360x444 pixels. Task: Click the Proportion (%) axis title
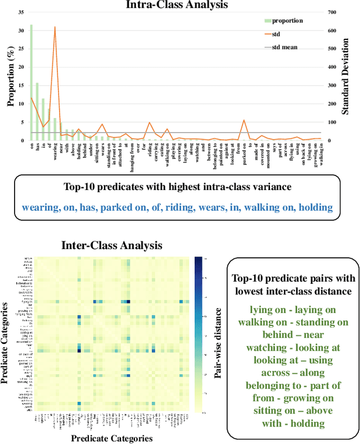point(10,76)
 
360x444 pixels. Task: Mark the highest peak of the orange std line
point(55,27)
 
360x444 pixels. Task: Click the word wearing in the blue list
point(40,207)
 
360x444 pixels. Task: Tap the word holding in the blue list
point(316,207)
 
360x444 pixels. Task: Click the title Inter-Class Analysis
point(111,246)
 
